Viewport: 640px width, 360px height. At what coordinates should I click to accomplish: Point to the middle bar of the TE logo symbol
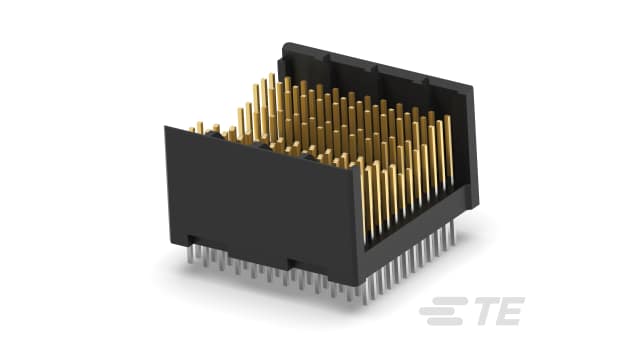[x=439, y=314]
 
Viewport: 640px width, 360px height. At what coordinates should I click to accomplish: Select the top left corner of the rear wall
[x=283, y=45]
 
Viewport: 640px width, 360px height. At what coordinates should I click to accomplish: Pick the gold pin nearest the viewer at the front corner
[x=366, y=200]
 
